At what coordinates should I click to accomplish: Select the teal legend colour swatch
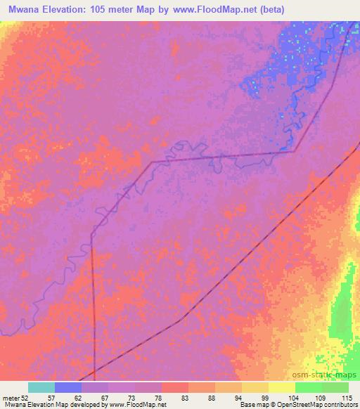(x=41, y=387)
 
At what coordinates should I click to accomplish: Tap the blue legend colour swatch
(x=68, y=387)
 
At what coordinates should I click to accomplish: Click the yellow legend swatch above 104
(x=282, y=387)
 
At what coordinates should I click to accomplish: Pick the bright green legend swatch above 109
(x=309, y=387)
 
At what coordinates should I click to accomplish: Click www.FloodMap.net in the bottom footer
(x=136, y=405)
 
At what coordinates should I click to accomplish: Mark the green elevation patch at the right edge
(x=344, y=309)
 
